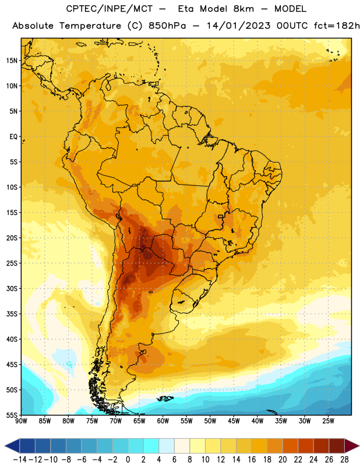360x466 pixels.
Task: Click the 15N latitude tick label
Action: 12,61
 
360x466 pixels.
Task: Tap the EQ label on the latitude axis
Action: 13,137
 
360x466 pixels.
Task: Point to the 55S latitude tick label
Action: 12,415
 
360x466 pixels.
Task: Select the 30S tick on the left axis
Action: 12,288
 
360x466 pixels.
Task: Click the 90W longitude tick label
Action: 21,421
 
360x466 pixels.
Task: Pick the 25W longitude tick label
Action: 328,421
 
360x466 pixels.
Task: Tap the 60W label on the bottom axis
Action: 163,421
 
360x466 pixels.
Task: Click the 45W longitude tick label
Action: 234,421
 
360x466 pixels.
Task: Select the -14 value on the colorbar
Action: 20,460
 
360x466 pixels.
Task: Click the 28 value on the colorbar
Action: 344,460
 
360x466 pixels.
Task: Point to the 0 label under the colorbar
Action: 128,460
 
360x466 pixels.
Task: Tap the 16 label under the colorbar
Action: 252,460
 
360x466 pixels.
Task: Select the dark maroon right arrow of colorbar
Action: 352,446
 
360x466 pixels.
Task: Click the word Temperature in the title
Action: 90,26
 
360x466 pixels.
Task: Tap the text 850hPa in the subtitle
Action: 167,26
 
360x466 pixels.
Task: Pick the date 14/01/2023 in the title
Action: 238,26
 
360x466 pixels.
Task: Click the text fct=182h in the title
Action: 337,26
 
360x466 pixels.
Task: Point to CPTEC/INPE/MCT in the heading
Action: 110,9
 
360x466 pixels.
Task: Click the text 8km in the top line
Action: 243,9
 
